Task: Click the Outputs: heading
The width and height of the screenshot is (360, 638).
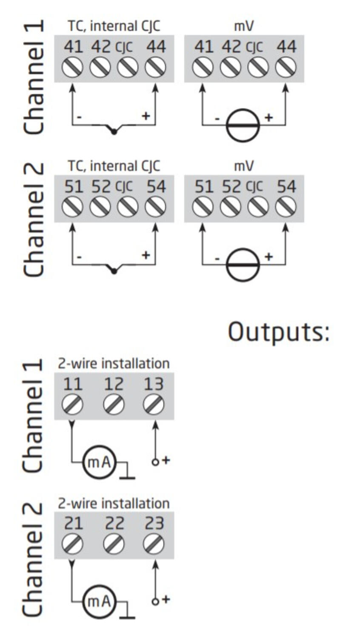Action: click(279, 332)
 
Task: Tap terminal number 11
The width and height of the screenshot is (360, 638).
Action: click(73, 384)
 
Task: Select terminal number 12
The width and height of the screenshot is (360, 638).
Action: click(114, 384)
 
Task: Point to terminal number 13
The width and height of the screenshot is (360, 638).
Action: click(154, 384)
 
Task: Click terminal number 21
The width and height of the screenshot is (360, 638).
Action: click(73, 523)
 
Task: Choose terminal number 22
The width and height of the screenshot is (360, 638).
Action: click(114, 523)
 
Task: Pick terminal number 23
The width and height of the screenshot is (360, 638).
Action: click(154, 523)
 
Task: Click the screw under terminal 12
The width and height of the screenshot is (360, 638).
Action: click(114, 404)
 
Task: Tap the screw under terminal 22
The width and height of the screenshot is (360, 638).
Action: click(114, 544)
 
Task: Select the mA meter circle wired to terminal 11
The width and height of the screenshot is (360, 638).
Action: click(99, 462)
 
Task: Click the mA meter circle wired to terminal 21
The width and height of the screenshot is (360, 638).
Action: click(99, 601)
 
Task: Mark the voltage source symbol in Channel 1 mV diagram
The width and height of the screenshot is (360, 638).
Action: click(243, 125)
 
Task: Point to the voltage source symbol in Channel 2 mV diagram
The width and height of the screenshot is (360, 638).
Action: click(243, 265)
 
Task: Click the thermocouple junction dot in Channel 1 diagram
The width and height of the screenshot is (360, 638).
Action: click(114, 132)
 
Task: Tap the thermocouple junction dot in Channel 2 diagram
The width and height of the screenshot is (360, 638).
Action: click(114, 271)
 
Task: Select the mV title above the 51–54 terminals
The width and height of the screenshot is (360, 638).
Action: click(244, 166)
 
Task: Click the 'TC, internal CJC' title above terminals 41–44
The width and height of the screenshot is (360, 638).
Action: click(114, 26)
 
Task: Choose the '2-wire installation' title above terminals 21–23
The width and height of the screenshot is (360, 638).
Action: click(114, 504)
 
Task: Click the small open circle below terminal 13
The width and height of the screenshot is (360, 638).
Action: click(155, 462)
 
